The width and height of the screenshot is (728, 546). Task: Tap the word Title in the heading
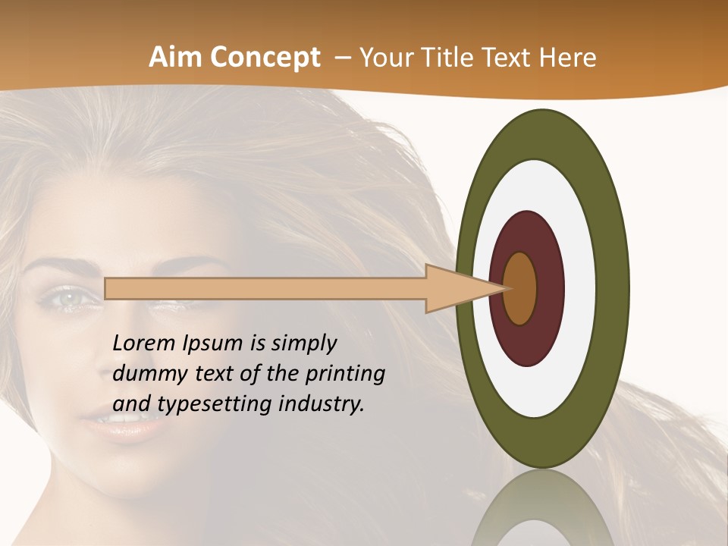447,58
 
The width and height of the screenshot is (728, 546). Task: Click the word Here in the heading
566,58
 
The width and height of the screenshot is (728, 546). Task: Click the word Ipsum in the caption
212,344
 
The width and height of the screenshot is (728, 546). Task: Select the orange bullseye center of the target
521,288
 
